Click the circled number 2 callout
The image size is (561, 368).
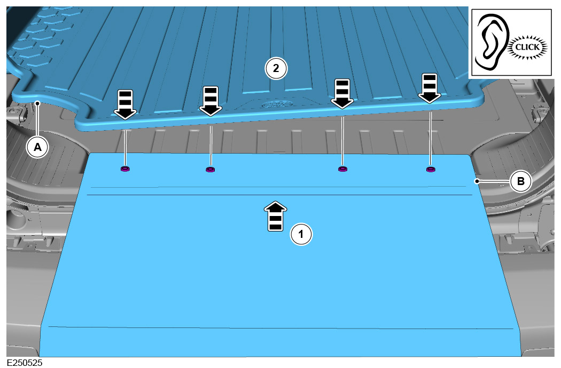click(x=276, y=68)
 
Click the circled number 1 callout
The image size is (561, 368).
click(x=301, y=234)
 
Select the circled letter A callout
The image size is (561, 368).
click(x=37, y=147)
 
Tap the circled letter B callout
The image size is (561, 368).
click(x=520, y=181)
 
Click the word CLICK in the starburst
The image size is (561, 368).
click(x=527, y=47)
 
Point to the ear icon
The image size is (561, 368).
click(x=492, y=41)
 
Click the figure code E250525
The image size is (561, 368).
click(x=25, y=363)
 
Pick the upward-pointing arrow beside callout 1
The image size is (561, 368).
click(x=276, y=216)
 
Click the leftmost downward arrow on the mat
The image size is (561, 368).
click(x=125, y=105)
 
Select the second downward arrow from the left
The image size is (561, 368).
click(x=211, y=101)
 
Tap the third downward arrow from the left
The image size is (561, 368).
click(x=342, y=94)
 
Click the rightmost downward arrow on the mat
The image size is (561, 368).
click(x=430, y=88)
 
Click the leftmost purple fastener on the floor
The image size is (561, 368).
click(x=125, y=169)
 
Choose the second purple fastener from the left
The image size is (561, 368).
click(x=211, y=170)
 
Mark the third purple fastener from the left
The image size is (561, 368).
click(x=342, y=169)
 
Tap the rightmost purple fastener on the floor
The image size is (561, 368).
click(x=431, y=169)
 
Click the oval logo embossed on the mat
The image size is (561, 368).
click(x=277, y=105)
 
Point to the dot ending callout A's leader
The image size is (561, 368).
click(x=37, y=103)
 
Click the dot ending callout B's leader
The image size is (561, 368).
click(x=477, y=181)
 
